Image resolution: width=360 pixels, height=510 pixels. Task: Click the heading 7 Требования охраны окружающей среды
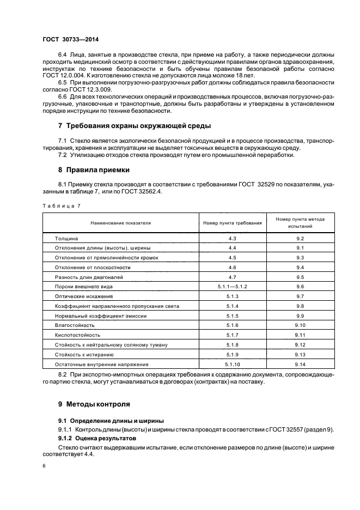pyautogui.click(x=135, y=126)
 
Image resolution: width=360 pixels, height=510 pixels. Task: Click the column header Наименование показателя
pyautogui.click(x=120, y=223)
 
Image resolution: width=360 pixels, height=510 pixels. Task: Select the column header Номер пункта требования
pyautogui.click(x=232, y=223)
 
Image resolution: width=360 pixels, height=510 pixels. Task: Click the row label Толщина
pyautogui.click(x=67, y=239)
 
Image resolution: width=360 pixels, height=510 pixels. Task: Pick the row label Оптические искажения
pyautogui.click(x=84, y=296)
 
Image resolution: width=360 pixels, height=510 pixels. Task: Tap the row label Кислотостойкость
pyautogui.click(x=77, y=335)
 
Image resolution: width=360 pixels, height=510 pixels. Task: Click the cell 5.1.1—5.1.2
pyautogui.click(x=232, y=286)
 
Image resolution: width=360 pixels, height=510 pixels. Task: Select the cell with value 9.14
pyautogui.click(x=300, y=363)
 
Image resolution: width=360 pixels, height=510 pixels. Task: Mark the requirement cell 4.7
pyautogui.click(x=232, y=277)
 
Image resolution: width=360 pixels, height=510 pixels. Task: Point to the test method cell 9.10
pyautogui.click(x=300, y=325)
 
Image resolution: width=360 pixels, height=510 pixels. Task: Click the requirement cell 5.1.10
pyautogui.click(x=232, y=363)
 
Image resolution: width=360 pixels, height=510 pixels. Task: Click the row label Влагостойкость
pyautogui.click(x=75, y=325)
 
